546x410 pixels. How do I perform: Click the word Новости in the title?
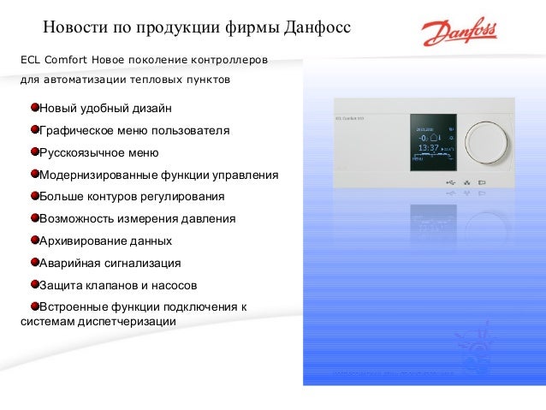click(x=74, y=33)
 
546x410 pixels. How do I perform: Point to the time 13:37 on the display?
click(x=428, y=147)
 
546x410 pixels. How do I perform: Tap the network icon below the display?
click(x=467, y=182)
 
